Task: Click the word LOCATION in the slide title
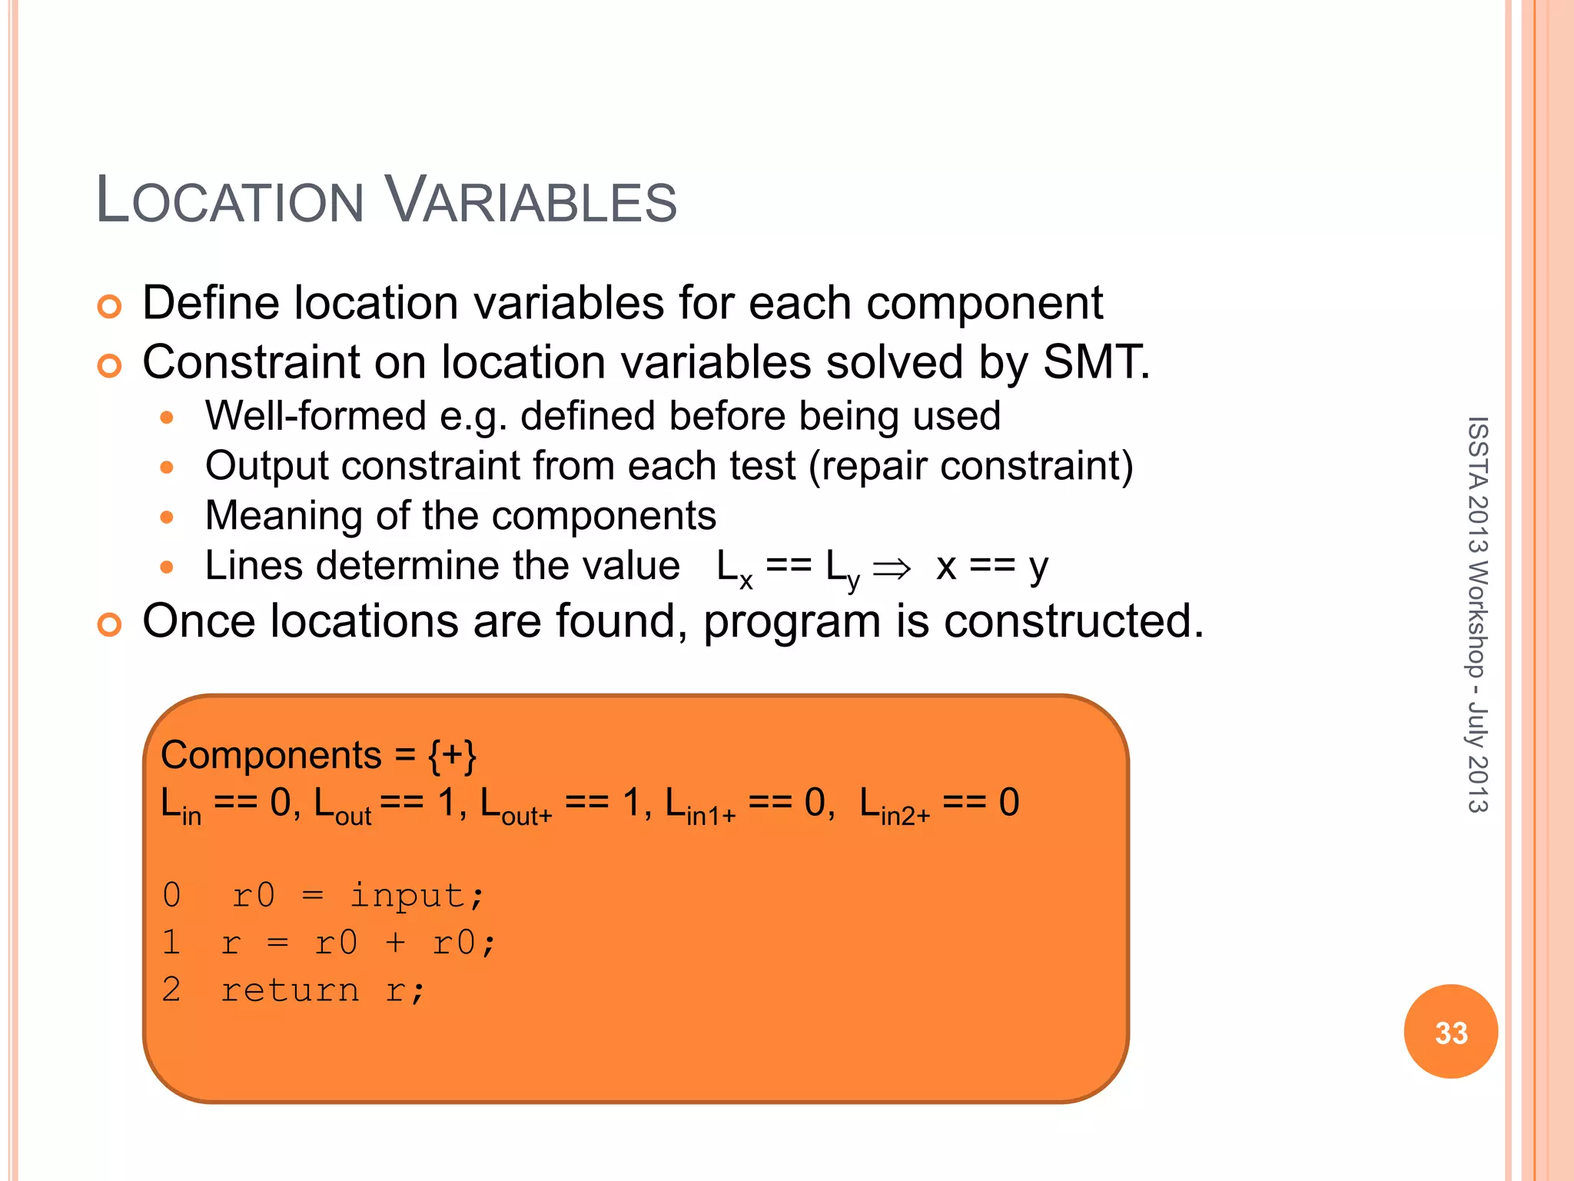coord(229,201)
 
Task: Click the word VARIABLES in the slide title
coord(530,201)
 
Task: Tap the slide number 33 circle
coord(1450,1032)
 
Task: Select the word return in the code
coord(290,990)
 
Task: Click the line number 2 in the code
coord(171,990)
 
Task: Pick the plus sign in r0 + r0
coord(395,943)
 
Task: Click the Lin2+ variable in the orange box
coord(894,804)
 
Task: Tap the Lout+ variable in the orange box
coord(516,804)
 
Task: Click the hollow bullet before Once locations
coord(110,624)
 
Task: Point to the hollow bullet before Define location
coord(110,306)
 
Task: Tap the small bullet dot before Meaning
coord(167,517)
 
